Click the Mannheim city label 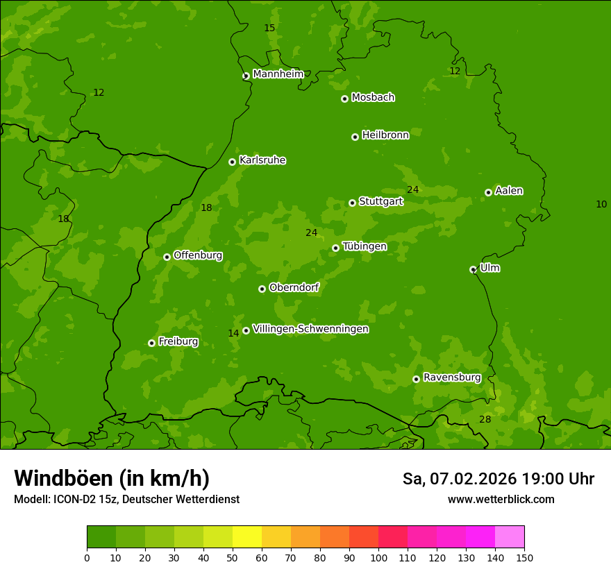click(x=278, y=74)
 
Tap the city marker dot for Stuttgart click(x=352, y=203)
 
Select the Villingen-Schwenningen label click(x=310, y=329)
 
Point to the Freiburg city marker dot click(x=151, y=343)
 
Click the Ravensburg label click(x=452, y=378)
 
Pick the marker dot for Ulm click(x=473, y=269)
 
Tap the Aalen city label click(x=509, y=191)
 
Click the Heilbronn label click(x=385, y=135)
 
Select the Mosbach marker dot click(x=344, y=99)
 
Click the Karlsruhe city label click(x=262, y=160)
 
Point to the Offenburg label click(x=198, y=255)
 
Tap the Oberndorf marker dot click(x=262, y=289)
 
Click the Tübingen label click(x=365, y=246)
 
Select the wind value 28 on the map click(x=485, y=419)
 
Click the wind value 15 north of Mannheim click(x=269, y=28)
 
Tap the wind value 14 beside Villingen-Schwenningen click(x=233, y=333)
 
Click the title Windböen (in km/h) click(x=112, y=478)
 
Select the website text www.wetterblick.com click(x=501, y=499)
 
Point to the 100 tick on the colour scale click(x=378, y=557)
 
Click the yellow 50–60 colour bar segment click(x=247, y=536)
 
